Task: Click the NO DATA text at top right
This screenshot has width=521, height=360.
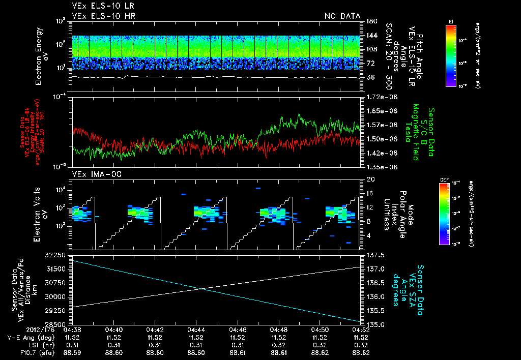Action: click(342, 16)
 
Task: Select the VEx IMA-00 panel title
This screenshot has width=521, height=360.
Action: click(93, 174)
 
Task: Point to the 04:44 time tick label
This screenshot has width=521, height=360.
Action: click(196, 329)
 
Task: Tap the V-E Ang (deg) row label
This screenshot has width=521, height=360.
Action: click(34, 337)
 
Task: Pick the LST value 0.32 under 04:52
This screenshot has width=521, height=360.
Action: click(361, 344)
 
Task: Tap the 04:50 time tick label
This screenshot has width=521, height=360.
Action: click(319, 329)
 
